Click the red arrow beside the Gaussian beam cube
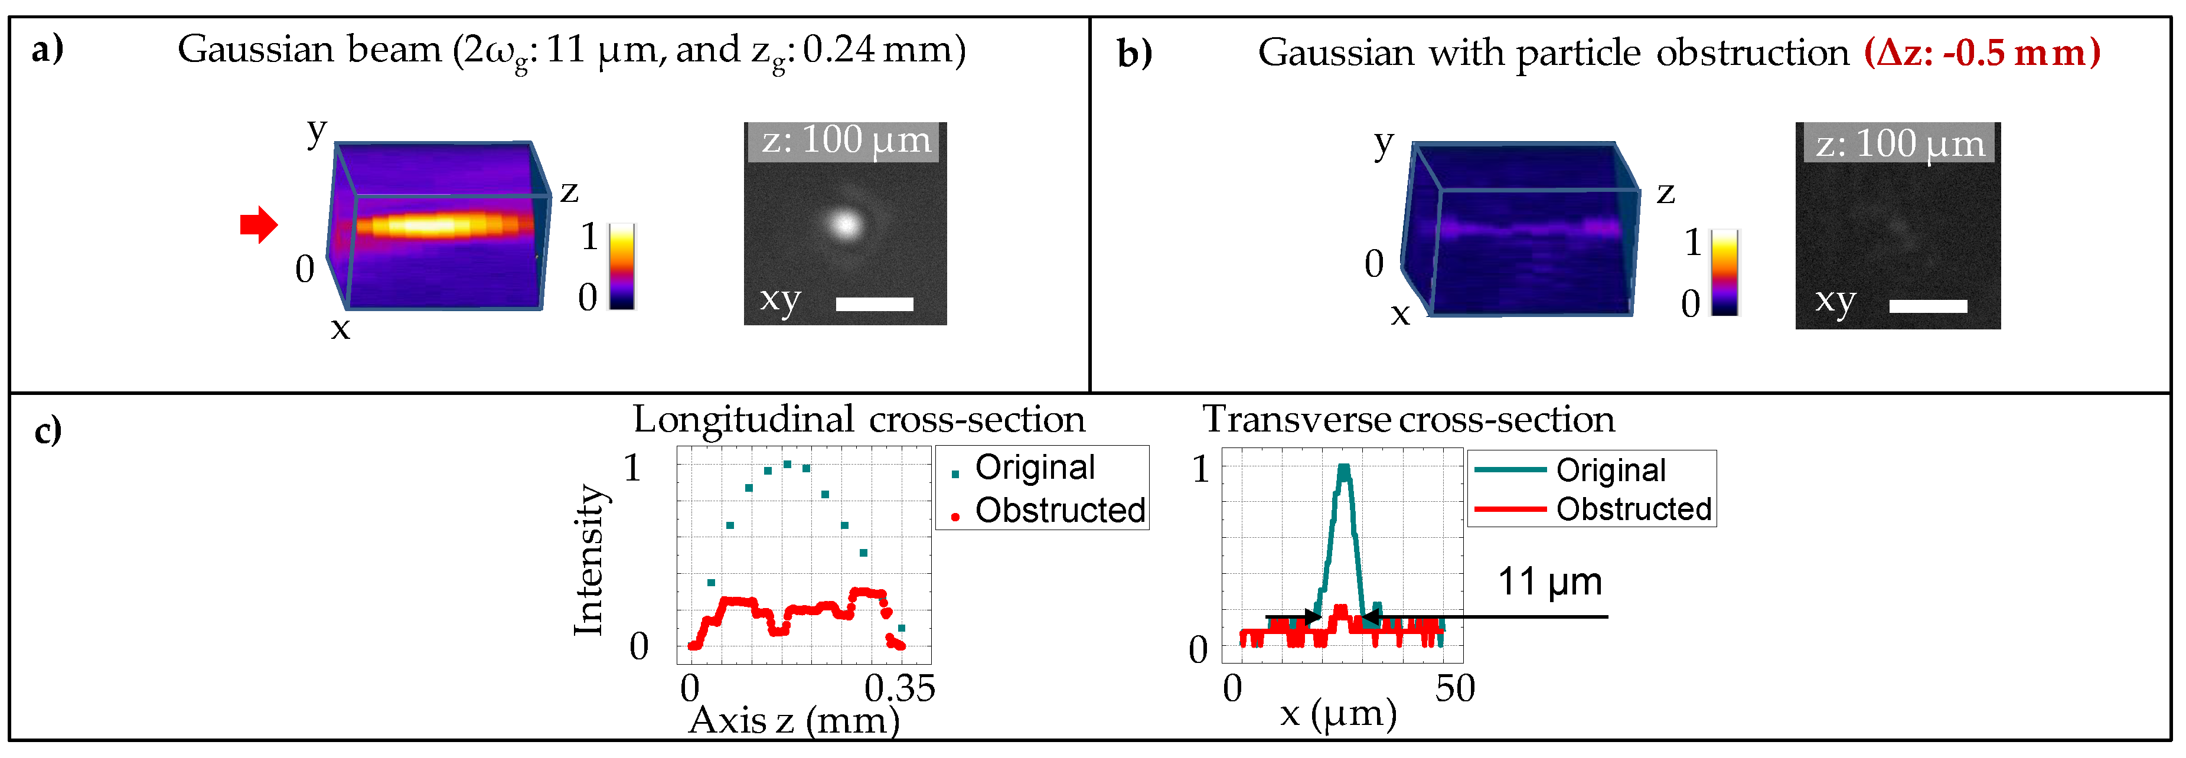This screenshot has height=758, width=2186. (259, 225)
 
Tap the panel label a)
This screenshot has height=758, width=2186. (47, 49)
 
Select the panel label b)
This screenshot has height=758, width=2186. (1134, 53)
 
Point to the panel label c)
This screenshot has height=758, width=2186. (47, 430)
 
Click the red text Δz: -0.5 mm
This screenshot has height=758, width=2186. (1982, 53)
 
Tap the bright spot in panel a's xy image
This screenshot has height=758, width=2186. (845, 224)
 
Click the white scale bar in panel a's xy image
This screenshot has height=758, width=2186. (874, 304)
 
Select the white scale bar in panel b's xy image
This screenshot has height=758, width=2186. (1928, 306)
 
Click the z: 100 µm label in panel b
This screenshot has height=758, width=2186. (1900, 143)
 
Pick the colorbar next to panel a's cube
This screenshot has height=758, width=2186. (622, 266)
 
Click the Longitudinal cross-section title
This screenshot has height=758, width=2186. (859, 419)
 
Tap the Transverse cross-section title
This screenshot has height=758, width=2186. (1409, 419)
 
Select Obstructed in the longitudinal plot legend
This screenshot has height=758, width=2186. (1060, 510)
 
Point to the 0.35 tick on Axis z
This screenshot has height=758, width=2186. (899, 688)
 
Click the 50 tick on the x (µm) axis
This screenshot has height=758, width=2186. (1454, 688)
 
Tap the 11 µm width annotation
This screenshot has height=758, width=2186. (1549, 582)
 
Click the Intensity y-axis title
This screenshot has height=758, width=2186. (588, 560)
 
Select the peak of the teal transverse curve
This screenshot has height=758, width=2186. (1343, 467)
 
